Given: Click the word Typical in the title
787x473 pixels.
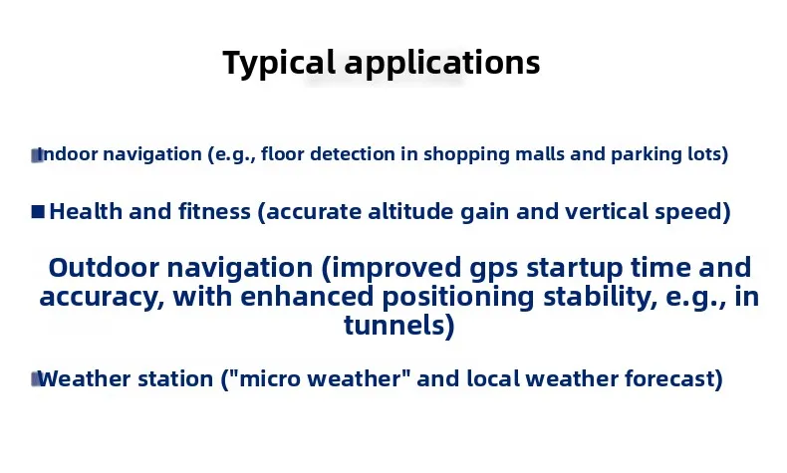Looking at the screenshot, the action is coord(279,63).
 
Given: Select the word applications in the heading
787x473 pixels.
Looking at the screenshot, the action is coord(442,62).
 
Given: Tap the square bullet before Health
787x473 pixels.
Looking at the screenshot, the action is coord(38,212).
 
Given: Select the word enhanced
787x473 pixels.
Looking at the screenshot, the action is coord(307,297).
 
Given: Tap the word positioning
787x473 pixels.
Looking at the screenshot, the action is coord(458,298).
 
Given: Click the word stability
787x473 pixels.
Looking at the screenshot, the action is coord(601,298).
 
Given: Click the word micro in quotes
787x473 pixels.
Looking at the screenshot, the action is coord(273,379).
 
